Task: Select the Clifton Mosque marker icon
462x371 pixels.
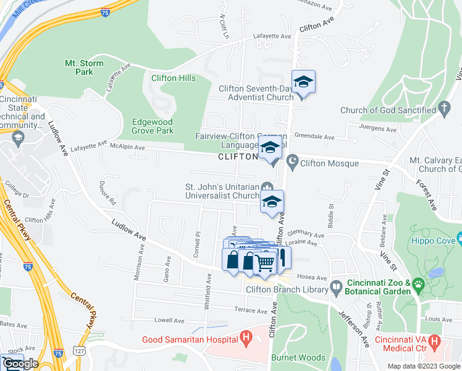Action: point(292,163)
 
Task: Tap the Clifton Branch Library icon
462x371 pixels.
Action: point(335,286)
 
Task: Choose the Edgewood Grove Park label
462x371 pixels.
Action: point(153,126)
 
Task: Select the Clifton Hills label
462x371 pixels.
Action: point(174,79)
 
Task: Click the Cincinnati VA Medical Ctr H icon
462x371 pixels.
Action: point(434,341)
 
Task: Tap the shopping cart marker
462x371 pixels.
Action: point(265,262)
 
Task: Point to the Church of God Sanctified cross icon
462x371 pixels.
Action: point(443,110)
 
